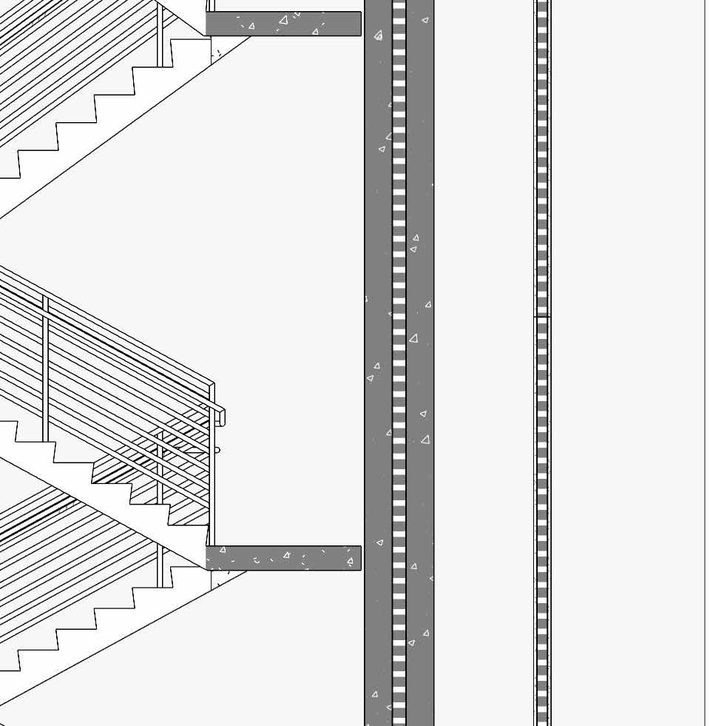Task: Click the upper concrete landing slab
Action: coord(296,24)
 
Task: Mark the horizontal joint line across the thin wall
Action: coord(542,317)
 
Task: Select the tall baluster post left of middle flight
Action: coord(45,370)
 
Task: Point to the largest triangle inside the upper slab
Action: coord(283,21)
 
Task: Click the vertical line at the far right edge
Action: coord(704,370)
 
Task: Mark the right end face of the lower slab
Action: coord(360,558)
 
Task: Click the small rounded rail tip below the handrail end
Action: coord(217,449)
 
